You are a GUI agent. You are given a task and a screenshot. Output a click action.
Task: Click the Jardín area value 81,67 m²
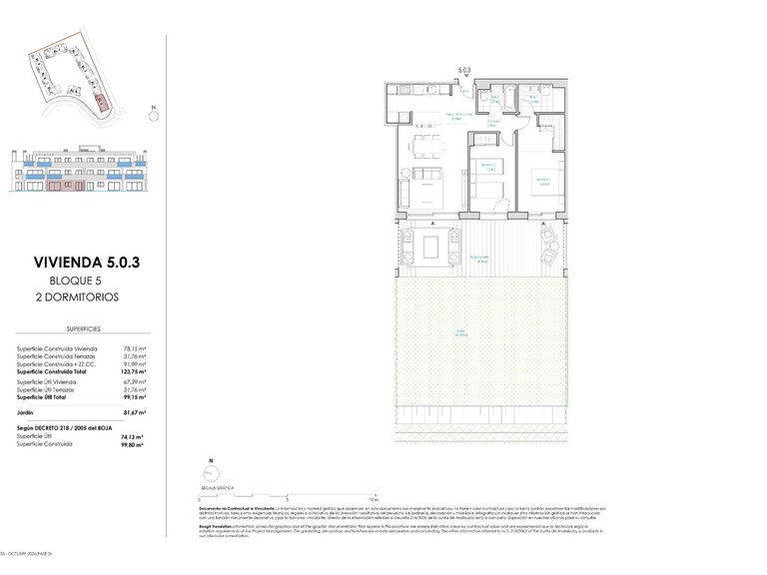pos(134,411)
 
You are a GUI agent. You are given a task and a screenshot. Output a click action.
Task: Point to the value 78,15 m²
pos(135,346)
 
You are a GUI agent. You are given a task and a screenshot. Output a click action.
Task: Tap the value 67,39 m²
pos(135,381)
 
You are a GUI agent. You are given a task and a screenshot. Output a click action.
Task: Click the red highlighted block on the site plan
pos(98,102)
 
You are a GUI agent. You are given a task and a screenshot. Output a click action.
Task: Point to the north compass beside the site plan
pos(153,114)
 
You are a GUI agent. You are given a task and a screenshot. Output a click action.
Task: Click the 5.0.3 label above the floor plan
pos(463,70)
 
